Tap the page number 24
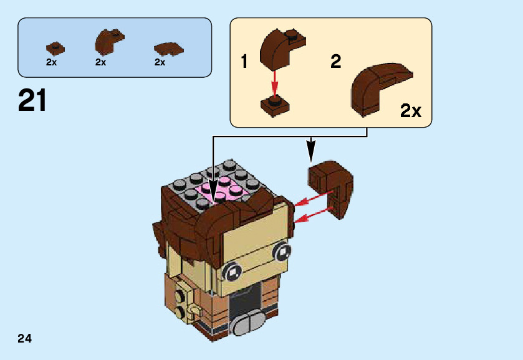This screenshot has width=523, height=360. (x=25, y=338)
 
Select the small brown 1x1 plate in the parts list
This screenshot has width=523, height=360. (x=55, y=47)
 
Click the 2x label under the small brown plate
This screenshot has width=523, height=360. (x=51, y=62)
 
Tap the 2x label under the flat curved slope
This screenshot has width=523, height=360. (x=160, y=62)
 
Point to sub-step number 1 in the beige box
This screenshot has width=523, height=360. (x=245, y=62)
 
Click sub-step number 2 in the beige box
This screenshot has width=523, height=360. (x=335, y=62)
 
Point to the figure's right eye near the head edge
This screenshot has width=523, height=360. (x=281, y=252)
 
